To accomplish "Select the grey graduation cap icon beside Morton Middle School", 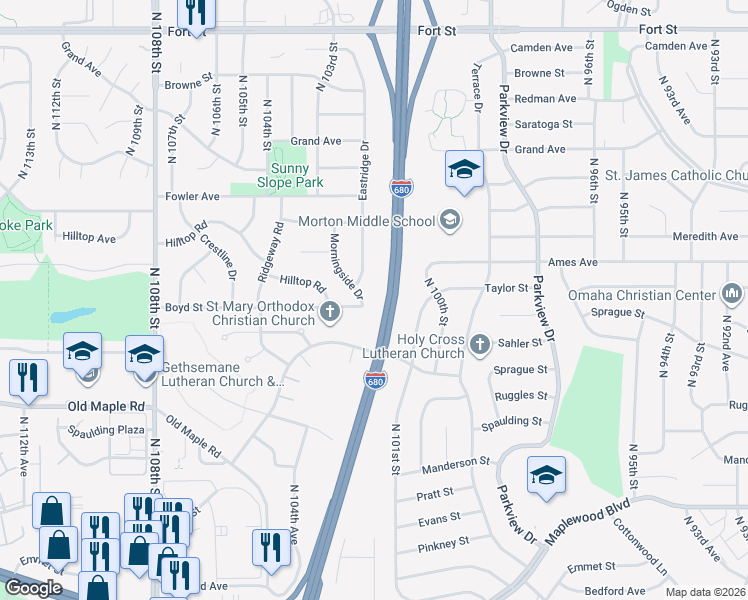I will point(450,221).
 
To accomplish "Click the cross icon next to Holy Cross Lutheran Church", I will point(480,345).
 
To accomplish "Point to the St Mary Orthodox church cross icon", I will point(329,315).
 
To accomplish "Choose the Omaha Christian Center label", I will point(642,295).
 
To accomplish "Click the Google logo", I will point(33,588).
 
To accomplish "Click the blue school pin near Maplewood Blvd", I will point(546,476).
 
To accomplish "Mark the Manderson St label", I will point(455,464).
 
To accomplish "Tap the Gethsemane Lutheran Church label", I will point(223,374).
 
